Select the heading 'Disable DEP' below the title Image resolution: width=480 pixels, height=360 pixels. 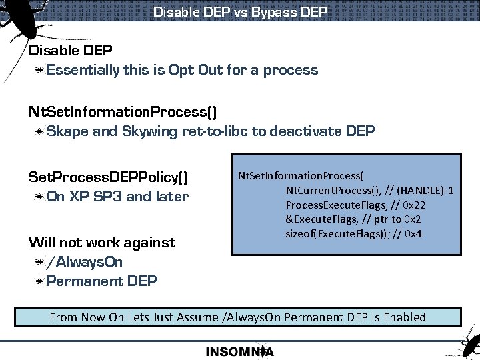point(70,51)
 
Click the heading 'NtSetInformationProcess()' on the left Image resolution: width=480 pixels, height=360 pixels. point(122,111)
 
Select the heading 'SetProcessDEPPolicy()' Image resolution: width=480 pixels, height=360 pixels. point(108,177)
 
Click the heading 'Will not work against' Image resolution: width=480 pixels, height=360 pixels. point(101,243)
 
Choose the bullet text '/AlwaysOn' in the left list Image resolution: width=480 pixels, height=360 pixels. point(85,262)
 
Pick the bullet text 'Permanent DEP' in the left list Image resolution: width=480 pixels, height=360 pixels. point(102,281)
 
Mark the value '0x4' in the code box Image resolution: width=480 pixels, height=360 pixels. point(413,233)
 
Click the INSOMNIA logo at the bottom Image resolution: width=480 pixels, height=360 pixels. point(240,351)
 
